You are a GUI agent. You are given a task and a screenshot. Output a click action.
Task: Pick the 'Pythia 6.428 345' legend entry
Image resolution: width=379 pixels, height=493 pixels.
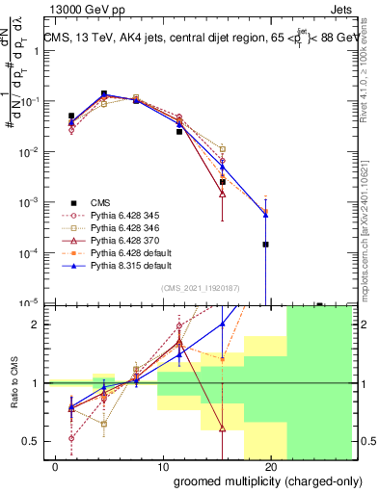125,217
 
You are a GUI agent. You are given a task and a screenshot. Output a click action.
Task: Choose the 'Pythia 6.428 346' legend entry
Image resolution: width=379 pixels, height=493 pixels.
125,231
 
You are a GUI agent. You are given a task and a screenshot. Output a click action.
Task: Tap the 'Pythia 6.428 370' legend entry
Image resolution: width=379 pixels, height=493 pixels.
125,246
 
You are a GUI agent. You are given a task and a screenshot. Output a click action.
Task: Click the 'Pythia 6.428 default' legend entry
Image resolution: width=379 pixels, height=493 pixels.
130,260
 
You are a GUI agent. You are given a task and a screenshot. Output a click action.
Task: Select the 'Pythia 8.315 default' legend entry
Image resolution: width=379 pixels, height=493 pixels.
130,274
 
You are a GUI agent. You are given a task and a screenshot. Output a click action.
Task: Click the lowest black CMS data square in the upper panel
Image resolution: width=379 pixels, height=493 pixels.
265,245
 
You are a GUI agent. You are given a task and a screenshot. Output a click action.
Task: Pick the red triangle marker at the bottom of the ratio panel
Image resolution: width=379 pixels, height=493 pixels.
223,428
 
